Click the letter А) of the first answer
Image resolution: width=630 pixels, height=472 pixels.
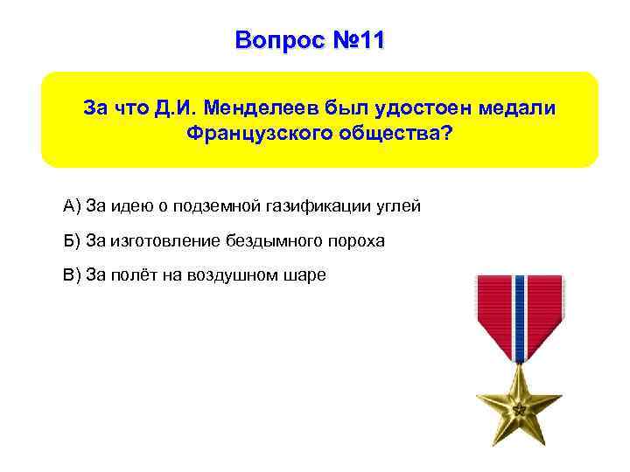[73, 206]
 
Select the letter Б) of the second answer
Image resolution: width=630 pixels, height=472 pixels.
[73, 240]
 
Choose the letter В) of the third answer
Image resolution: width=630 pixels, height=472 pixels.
[73, 274]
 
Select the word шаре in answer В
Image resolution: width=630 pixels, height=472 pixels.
[307, 274]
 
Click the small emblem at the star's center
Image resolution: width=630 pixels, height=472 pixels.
[519, 408]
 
